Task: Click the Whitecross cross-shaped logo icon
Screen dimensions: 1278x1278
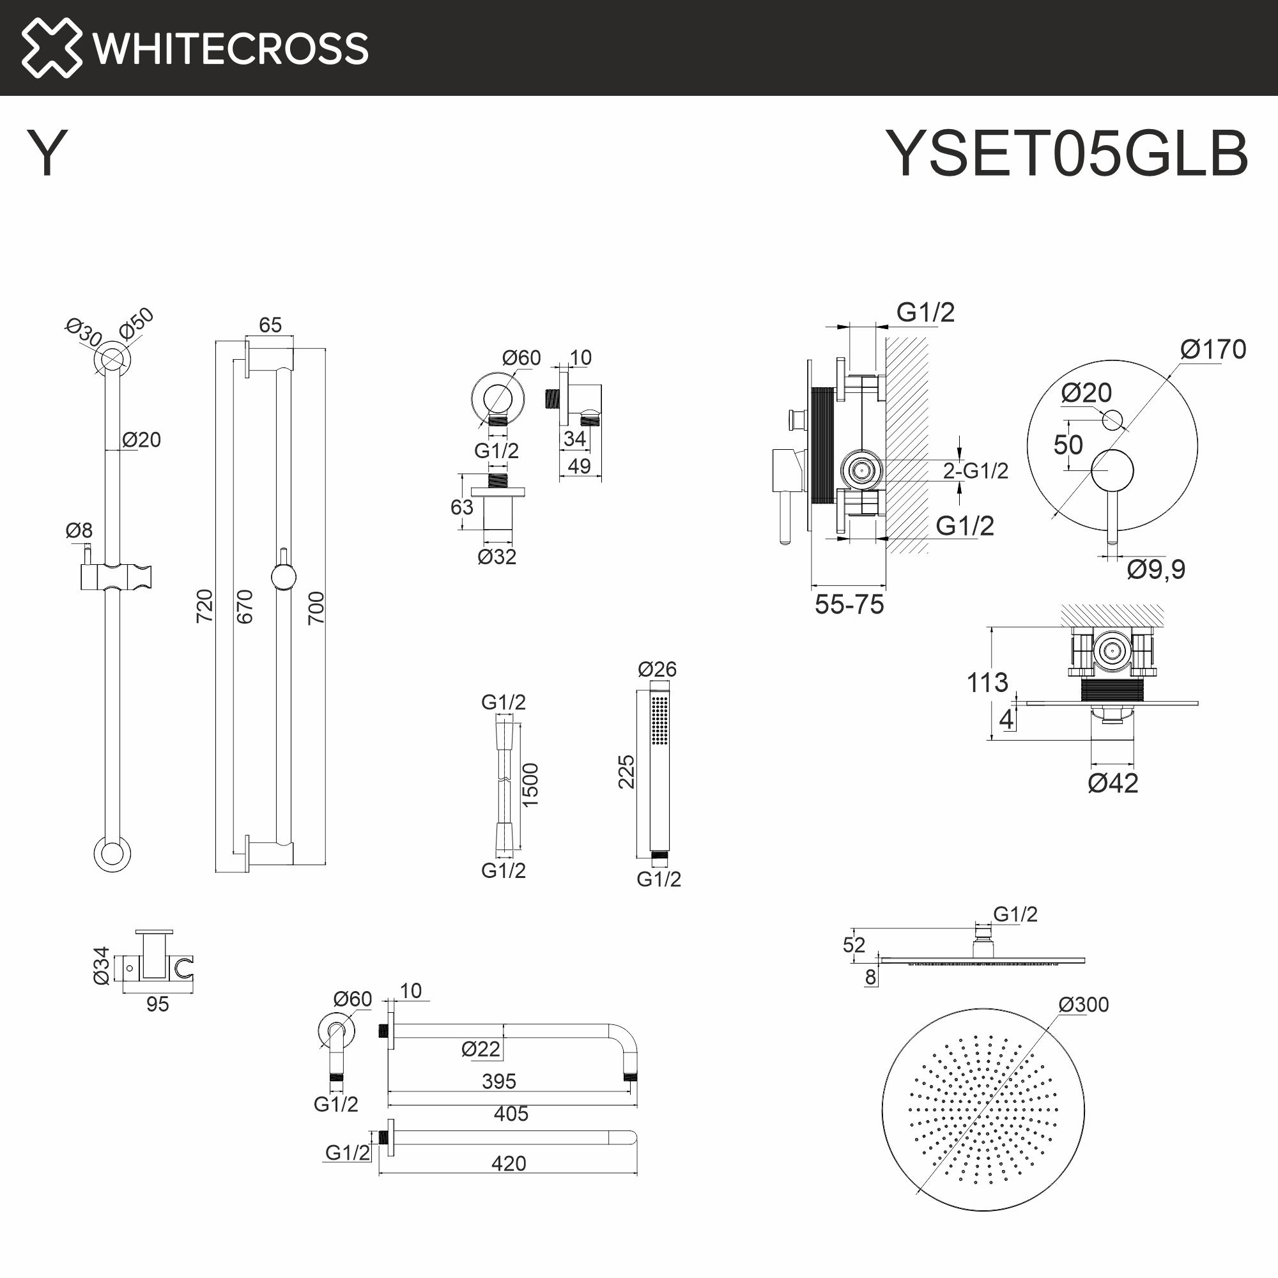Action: click(x=52, y=48)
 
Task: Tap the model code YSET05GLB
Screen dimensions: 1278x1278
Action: click(x=1066, y=153)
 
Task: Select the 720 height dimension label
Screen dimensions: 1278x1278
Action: click(x=205, y=605)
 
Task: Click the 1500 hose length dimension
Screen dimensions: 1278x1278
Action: click(x=530, y=785)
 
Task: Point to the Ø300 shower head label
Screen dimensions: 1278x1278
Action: click(x=1083, y=1005)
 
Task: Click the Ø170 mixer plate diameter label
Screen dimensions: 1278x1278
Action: click(x=1213, y=350)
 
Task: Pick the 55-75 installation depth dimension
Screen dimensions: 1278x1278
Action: click(x=849, y=604)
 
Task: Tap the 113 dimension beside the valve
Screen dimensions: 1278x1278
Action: click(x=987, y=682)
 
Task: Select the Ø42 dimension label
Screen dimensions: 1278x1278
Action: click(x=1112, y=783)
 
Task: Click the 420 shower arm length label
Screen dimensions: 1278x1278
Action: click(x=508, y=1163)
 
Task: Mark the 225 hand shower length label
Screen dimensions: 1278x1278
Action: click(x=626, y=771)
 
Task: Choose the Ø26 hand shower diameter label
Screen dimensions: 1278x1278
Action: click(x=657, y=670)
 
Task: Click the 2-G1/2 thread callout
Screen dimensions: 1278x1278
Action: click(x=975, y=471)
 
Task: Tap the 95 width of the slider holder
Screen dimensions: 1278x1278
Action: click(x=157, y=1004)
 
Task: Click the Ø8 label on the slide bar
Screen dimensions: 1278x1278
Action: click(x=79, y=530)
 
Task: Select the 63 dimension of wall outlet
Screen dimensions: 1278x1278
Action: click(x=462, y=507)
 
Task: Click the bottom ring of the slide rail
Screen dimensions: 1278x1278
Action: click(x=112, y=853)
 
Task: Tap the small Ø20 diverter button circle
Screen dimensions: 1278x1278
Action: click(x=1112, y=419)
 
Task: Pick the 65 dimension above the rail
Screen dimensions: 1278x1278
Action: click(x=270, y=325)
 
